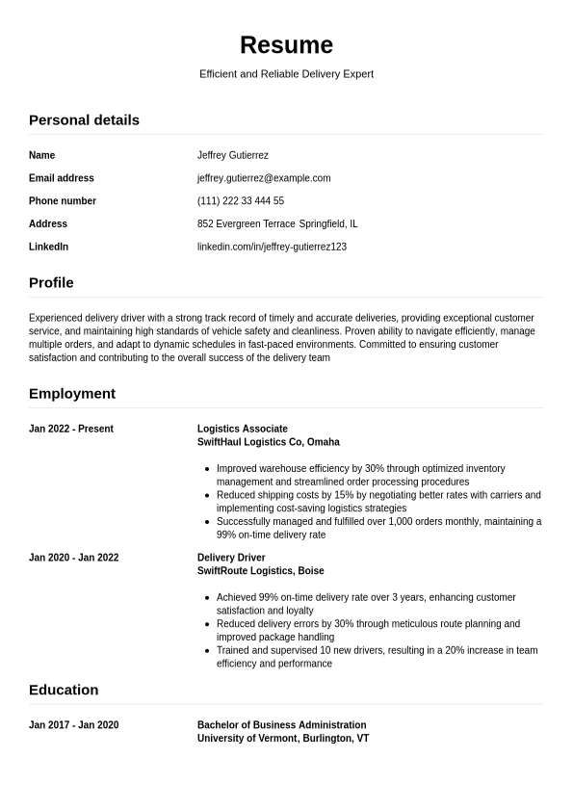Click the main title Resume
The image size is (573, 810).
pyautogui.click(x=286, y=45)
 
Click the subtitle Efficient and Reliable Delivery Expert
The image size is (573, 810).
pyautogui.click(x=286, y=74)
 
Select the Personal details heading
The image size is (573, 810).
pyautogui.click(x=84, y=120)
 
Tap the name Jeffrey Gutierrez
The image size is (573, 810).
pyautogui.click(x=232, y=155)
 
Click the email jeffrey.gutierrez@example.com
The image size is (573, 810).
pyautogui.click(x=264, y=178)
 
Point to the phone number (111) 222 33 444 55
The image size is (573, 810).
pyautogui.click(x=241, y=201)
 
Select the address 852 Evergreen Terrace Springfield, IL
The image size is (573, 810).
pyautogui.click(x=277, y=224)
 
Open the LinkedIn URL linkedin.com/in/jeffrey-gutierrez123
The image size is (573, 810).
pyautogui.click(x=272, y=248)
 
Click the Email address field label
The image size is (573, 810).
pyautogui.click(x=62, y=178)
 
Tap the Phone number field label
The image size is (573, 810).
pyautogui.click(x=63, y=201)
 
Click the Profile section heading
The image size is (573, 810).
pyautogui.click(x=51, y=283)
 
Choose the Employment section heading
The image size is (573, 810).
pyautogui.click(x=72, y=394)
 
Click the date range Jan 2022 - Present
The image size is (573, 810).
pyautogui.click(x=71, y=430)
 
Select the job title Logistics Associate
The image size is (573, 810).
pyautogui.click(x=243, y=430)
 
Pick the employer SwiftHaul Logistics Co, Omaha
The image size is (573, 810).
pyautogui.click(x=269, y=443)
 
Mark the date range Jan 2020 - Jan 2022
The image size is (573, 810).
pyautogui.click(x=74, y=558)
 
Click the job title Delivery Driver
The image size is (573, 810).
pyautogui.click(x=231, y=558)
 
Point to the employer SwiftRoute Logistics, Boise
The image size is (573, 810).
pyautogui.click(x=261, y=571)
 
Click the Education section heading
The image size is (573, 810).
pyautogui.click(x=64, y=691)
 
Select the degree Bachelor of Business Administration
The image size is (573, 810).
pyautogui.click(x=282, y=725)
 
